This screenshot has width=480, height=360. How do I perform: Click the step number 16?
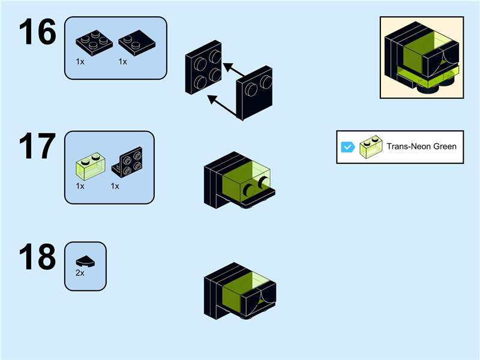click(x=37, y=33)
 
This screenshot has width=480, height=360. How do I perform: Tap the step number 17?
click(x=37, y=146)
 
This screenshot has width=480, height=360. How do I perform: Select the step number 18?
click(x=37, y=258)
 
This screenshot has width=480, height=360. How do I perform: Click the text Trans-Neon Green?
click(x=421, y=147)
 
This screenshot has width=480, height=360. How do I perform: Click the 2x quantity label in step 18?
click(x=80, y=272)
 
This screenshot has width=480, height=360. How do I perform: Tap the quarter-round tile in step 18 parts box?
click(x=85, y=260)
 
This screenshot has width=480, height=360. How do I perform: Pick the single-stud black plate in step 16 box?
click(x=135, y=42)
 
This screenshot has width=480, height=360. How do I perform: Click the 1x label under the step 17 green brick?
click(x=80, y=186)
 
